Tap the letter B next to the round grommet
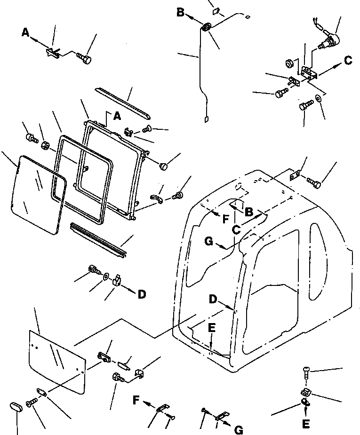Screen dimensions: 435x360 tap(181, 13)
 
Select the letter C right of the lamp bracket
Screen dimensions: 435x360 tap(347, 60)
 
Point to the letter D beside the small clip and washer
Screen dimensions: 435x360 tap(142, 295)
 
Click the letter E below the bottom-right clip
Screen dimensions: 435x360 tap(306, 424)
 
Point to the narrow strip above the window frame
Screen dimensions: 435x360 tap(123, 102)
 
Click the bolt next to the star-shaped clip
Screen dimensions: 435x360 tap(85, 59)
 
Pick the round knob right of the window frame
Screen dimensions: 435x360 tap(164, 166)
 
